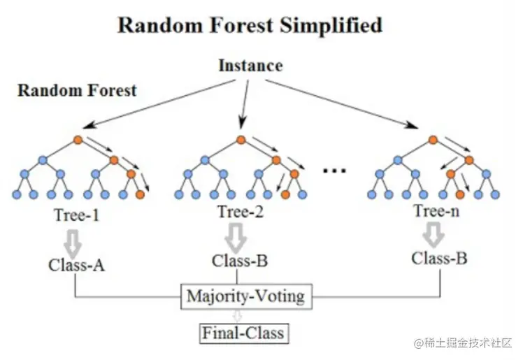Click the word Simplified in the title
331,26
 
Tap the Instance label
250,65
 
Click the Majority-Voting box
247,296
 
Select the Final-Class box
243,333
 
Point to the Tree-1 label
77,215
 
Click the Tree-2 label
240,211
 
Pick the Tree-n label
436,210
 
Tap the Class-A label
76,266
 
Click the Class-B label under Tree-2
240,261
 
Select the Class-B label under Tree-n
439,258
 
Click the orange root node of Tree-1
78,140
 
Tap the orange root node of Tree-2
241,140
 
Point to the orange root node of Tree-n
433,140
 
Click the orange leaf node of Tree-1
141,194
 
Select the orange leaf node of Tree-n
460,194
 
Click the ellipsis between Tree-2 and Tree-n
334,171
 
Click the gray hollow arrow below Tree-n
434,235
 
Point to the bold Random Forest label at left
77,90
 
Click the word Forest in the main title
241,26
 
